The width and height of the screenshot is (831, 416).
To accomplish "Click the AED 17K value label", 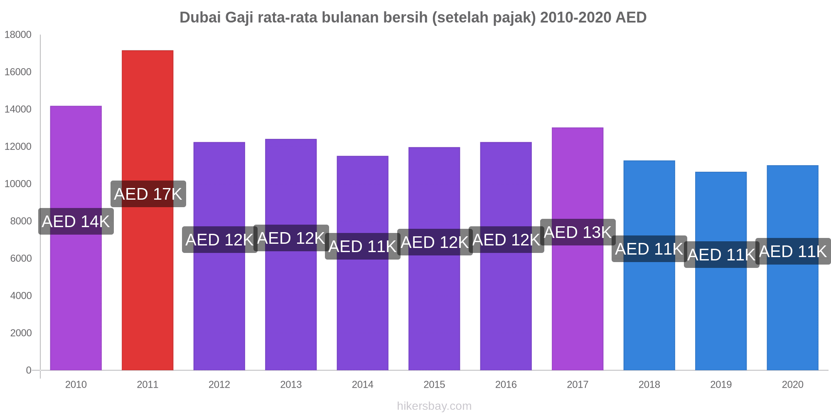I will (x=148, y=194).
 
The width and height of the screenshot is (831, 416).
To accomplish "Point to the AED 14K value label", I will (x=76, y=221).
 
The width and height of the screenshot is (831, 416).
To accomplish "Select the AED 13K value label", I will (x=578, y=232).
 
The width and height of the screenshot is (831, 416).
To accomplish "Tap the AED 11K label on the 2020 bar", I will (x=793, y=251).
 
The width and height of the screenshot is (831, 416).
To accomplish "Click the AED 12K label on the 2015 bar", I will (x=435, y=242).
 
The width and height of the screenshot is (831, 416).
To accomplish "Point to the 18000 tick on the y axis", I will (x=18, y=35).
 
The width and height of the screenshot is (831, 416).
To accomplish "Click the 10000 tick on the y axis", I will (x=18, y=184).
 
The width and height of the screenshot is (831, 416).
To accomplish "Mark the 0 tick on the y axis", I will (x=29, y=370).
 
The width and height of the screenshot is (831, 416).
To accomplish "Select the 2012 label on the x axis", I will (x=219, y=384).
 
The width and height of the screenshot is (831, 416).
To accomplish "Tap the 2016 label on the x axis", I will (x=506, y=384).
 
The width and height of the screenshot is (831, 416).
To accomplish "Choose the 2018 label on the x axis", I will (x=649, y=384).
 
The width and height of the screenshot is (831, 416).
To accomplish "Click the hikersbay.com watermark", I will (x=434, y=406).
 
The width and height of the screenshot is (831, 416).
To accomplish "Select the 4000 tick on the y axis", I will (x=18, y=296).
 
